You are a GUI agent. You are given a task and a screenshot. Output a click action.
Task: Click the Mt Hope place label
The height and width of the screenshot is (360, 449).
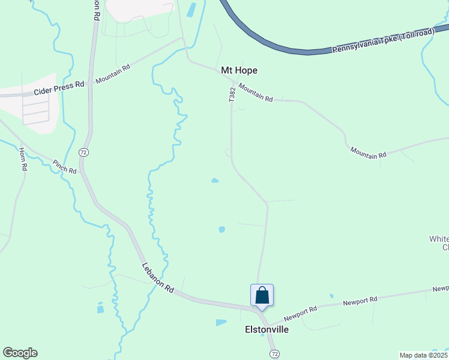240,70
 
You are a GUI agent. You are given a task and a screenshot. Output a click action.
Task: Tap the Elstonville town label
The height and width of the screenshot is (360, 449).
267,329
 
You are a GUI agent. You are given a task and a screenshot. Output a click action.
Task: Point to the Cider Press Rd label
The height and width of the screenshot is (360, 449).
59,87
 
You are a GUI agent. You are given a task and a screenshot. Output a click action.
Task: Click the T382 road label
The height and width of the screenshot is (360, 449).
232,94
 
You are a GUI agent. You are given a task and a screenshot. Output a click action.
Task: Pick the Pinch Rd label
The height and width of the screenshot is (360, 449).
64,167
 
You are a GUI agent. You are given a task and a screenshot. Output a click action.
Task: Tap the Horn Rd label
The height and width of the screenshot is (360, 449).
23,160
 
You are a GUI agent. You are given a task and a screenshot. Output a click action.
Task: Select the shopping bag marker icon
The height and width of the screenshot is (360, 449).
262,295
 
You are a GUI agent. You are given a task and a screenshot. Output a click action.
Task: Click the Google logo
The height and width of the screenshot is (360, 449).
20,353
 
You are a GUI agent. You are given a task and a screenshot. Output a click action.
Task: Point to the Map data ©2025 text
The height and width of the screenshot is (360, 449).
424,355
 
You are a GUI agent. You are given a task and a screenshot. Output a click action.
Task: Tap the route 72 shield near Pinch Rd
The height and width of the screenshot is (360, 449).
83,153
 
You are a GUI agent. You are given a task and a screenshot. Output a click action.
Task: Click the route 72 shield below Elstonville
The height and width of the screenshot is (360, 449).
274,353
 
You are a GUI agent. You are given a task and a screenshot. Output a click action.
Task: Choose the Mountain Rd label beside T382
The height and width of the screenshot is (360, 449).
256,92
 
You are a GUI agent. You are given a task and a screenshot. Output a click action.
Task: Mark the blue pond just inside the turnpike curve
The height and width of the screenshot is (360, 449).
191,10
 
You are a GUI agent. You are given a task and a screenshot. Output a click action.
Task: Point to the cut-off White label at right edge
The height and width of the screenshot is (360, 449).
439,239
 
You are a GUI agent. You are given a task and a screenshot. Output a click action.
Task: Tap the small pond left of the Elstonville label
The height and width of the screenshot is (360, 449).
221,322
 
